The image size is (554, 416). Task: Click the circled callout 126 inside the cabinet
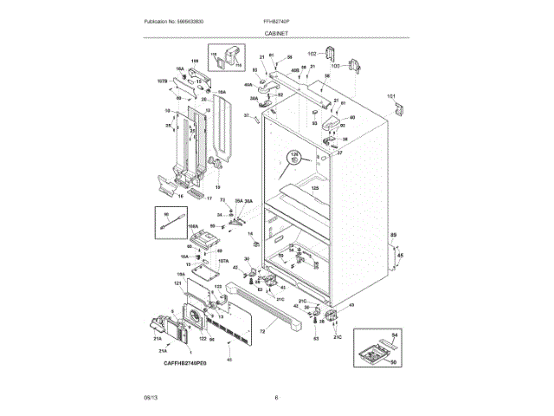click(293, 156)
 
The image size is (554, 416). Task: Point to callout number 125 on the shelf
click(315, 188)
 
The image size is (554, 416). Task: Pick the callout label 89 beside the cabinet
click(392, 236)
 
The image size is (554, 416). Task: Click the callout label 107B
click(161, 81)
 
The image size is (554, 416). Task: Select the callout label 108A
click(193, 224)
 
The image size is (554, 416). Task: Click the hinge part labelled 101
click(398, 108)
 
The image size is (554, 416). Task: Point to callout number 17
click(208, 198)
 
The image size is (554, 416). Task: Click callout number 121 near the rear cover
click(177, 283)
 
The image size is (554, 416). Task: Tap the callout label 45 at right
click(399, 255)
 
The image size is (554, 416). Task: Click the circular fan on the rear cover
click(190, 318)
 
